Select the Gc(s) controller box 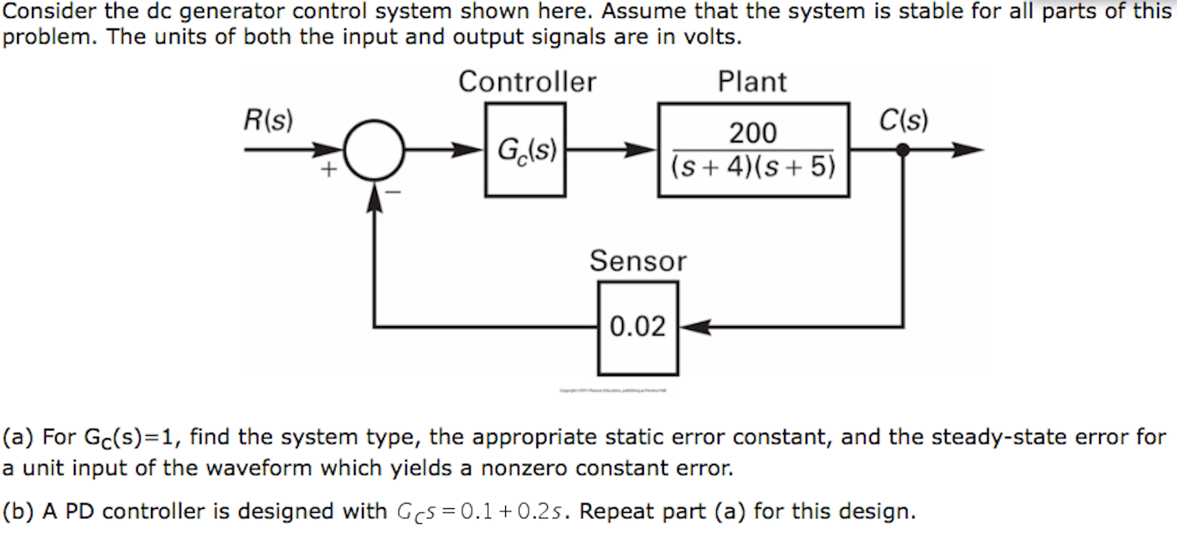(525, 150)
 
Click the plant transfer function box (753, 150)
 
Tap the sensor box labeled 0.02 (638, 328)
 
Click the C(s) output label (903, 121)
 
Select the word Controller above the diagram (527, 82)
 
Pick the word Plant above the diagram (752, 82)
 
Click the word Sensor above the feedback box (638, 261)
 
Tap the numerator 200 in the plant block (753, 134)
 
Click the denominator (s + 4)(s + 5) (753, 167)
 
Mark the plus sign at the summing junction (329, 169)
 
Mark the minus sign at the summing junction (394, 191)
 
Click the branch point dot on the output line (903, 151)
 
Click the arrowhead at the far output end (969, 151)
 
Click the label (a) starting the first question (19, 437)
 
